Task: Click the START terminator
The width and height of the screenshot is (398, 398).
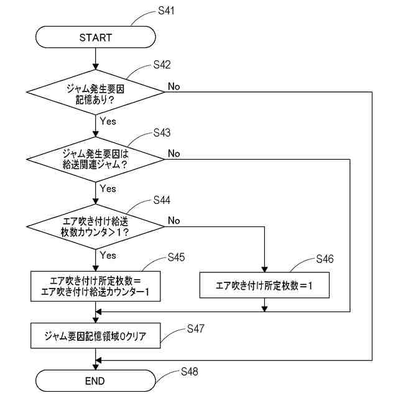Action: point(95,37)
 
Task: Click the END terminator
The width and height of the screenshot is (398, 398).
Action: point(95,381)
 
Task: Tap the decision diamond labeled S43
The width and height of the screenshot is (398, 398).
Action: point(95,160)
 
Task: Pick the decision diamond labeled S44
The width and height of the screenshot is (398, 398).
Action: point(95,227)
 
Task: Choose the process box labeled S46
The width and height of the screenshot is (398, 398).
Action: point(264,286)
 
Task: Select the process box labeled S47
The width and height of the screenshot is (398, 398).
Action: point(95,336)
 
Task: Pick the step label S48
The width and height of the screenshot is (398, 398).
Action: point(190,371)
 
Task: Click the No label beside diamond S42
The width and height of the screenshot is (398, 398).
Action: point(174,86)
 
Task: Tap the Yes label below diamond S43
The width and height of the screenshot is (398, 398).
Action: point(108,188)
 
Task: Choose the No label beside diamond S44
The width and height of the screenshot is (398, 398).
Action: point(174,221)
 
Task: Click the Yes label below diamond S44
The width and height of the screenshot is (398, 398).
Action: point(108,255)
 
